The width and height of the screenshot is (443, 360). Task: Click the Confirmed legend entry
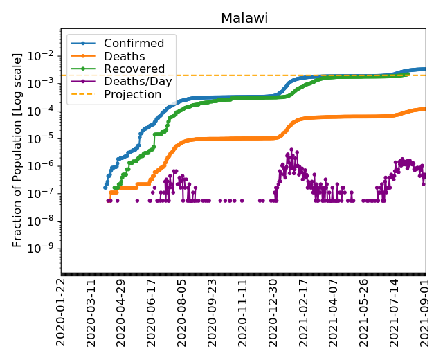point(134,44)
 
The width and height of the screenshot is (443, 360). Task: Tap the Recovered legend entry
point(134,69)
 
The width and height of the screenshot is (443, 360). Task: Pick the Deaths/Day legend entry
point(135,82)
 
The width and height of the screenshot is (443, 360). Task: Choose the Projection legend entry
point(132,94)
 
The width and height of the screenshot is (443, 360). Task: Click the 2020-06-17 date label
point(152,312)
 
